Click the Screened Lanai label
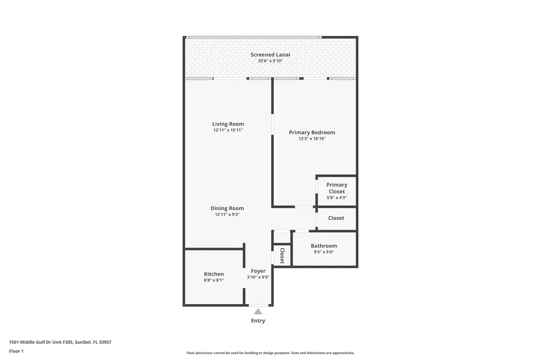(x=270, y=54)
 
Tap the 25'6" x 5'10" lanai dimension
(x=270, y=61)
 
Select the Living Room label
(x=228, y=124)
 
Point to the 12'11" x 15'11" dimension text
(x=228, y=130)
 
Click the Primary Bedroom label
(x=312, y=132)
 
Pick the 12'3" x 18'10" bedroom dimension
(x=312, y=139)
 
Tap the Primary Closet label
(x=337, y=188)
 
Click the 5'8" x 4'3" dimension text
(x=337, y=198)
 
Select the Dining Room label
(x=227, y=209)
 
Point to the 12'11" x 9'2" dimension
(x=227, y=215)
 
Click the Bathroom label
(x=323, y=246)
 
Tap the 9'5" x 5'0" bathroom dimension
(x=323, y=252)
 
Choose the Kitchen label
(x=213, y=274)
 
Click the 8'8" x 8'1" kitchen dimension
(x=213, y=280)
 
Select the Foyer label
(x=258, y=271)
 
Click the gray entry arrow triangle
(x=258, y=311)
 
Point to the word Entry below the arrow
(x=258, y=321)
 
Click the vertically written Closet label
(x=282, y=255)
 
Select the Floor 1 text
(x=16, y=351)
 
